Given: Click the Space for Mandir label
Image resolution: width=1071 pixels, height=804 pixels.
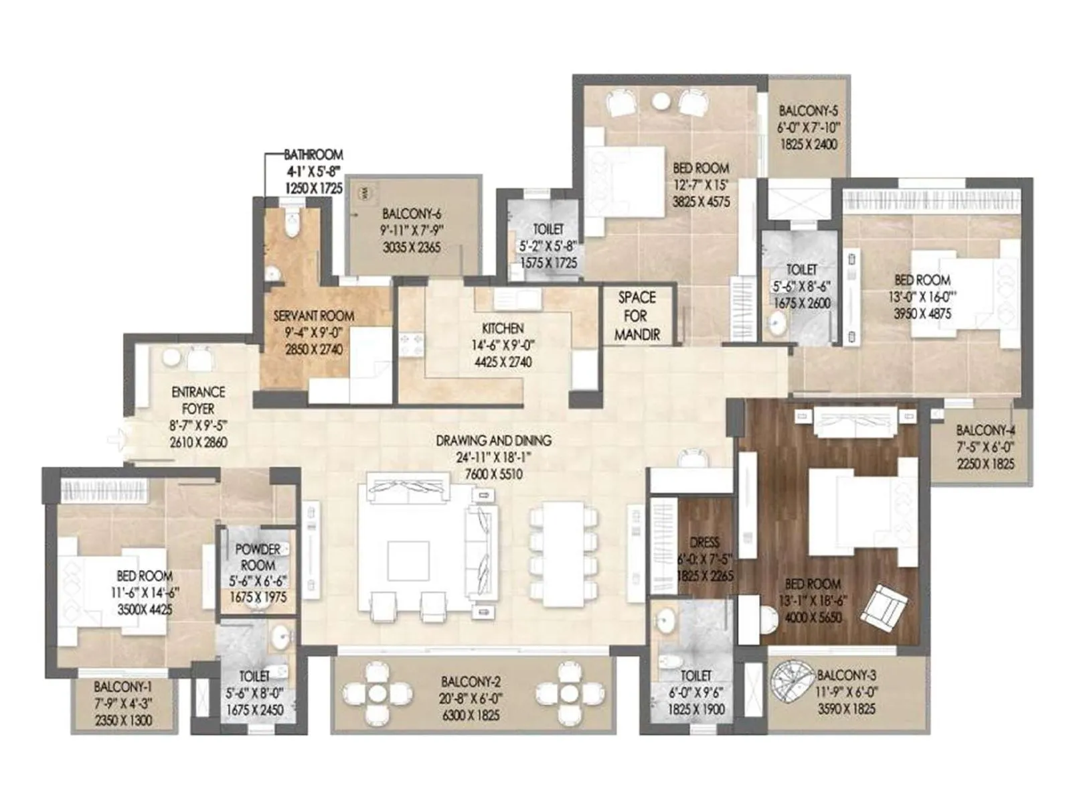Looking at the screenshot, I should pos(637,316).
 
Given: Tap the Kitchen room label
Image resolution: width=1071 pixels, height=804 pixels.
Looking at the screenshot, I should pos(503,328).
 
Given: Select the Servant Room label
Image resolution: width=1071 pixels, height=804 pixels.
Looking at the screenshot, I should pos(313,316).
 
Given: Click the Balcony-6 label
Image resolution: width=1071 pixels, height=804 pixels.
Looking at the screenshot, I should pos(411,214).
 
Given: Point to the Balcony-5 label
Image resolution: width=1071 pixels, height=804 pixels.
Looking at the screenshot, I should pos(808,111).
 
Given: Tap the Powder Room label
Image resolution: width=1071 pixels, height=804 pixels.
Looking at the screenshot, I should pos(258,557).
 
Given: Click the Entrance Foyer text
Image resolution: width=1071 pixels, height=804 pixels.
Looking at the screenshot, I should pos(198,400).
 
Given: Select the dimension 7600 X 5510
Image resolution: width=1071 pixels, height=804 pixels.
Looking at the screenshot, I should pos(493,474).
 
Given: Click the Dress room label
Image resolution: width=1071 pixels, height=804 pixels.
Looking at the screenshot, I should pos(704,543).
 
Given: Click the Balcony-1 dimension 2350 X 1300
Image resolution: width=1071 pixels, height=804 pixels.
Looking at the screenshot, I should pos(123,720).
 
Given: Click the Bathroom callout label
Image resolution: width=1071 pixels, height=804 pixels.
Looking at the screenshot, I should pos(313,155).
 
